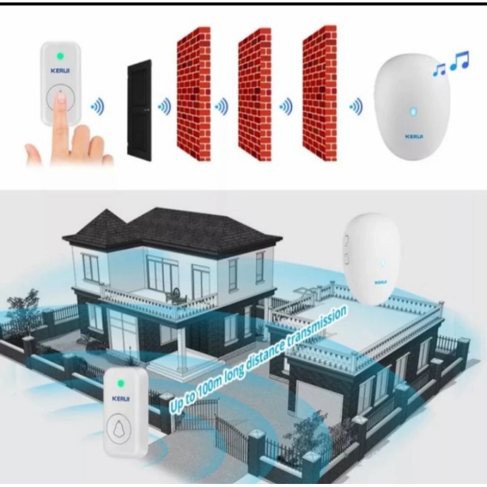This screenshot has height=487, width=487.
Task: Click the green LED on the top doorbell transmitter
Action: coord(60,57)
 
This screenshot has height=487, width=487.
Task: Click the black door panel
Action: coord(139,110)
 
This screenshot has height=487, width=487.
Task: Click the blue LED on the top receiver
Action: coord(412,112)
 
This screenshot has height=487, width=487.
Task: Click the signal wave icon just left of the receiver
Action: coord(356,109)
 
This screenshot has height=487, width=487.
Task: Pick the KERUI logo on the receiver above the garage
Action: coord(381,282)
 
